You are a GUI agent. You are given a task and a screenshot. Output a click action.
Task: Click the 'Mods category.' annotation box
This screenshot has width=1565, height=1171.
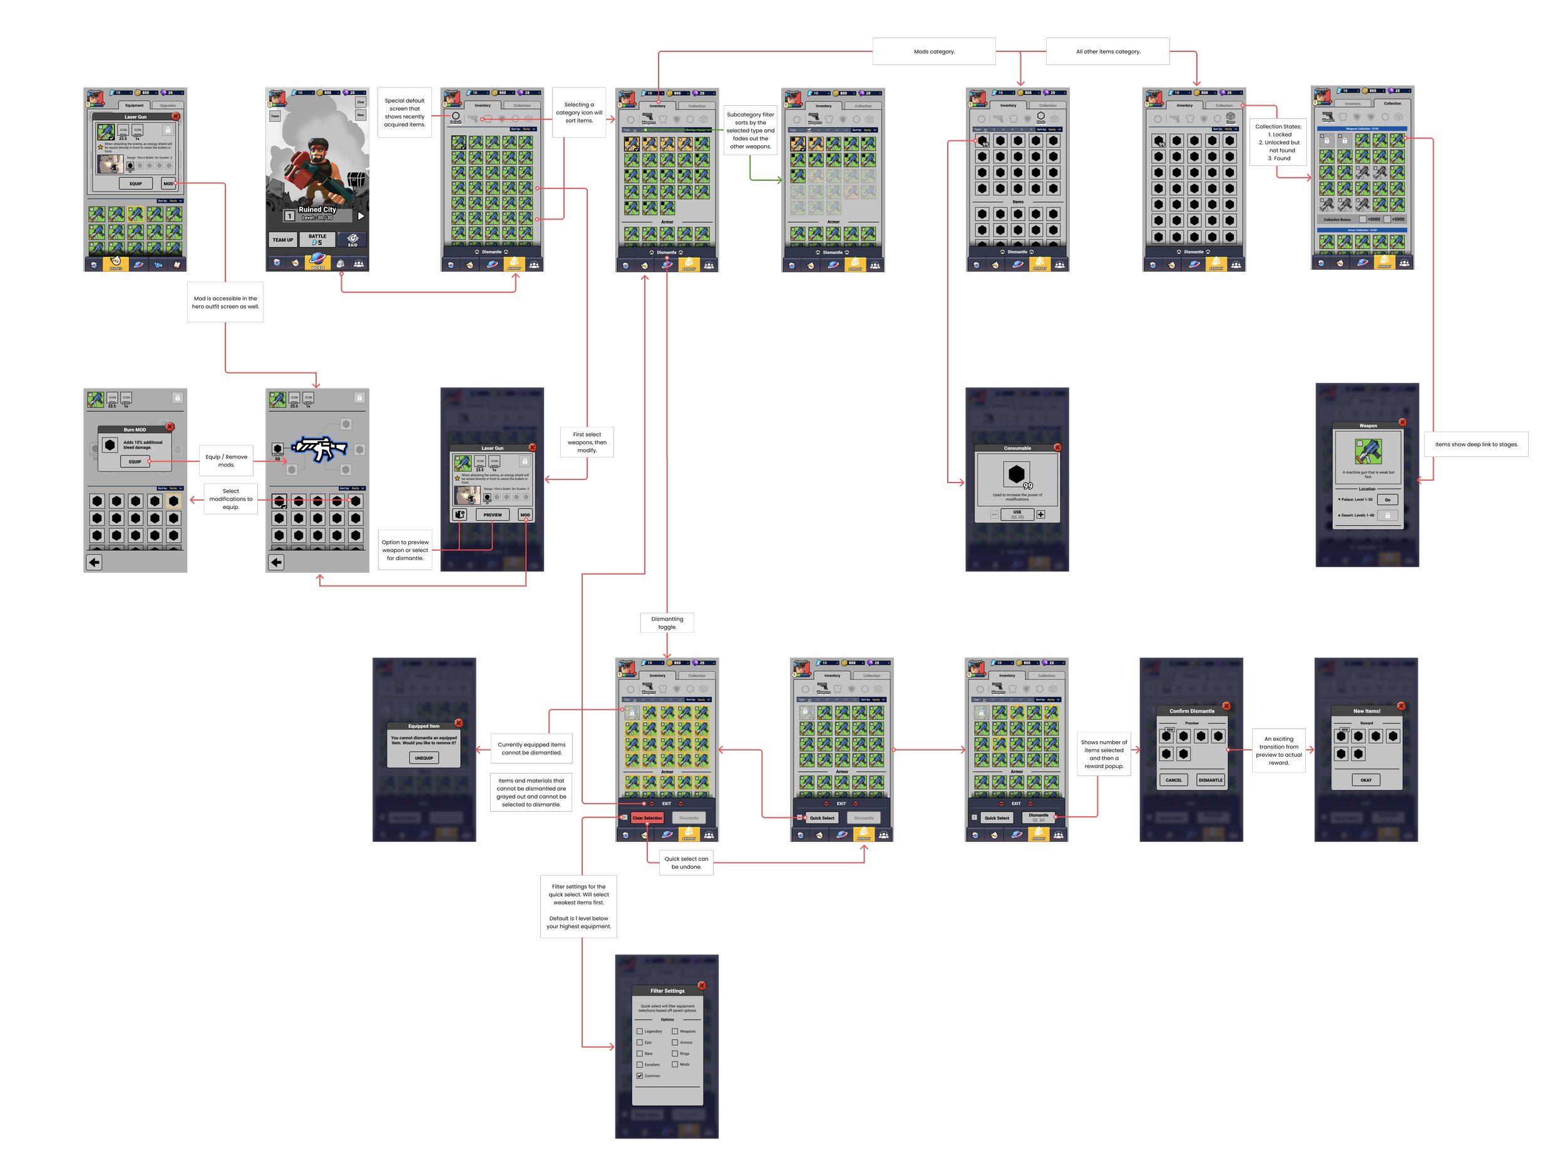934,52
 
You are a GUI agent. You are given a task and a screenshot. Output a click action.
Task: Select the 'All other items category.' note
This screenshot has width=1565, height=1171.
1108,52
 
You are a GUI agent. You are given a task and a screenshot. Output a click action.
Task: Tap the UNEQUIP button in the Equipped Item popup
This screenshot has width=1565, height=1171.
424,758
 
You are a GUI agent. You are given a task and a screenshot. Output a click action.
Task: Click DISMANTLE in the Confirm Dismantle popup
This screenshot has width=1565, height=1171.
1210,780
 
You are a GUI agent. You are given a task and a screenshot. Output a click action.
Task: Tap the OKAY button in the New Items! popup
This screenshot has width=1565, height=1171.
1365,780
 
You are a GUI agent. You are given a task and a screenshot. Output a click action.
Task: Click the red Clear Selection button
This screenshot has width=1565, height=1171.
647,818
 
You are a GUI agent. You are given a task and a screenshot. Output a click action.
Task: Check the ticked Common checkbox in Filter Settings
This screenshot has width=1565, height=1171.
640,1075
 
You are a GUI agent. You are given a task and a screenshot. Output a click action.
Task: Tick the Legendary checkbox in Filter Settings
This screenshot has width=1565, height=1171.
640,1031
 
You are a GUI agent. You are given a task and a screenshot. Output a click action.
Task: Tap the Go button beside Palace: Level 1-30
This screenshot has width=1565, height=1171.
1387,499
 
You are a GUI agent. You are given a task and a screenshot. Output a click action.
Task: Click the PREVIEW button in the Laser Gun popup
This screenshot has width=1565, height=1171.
493,515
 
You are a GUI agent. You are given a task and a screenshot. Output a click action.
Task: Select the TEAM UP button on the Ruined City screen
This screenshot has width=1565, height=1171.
283,240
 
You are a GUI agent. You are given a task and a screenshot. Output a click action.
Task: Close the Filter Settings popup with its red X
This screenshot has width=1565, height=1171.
701,986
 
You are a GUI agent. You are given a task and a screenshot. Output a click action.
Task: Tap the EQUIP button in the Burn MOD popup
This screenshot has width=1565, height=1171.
135,461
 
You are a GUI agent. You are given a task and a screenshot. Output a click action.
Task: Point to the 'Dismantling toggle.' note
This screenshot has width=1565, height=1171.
667,623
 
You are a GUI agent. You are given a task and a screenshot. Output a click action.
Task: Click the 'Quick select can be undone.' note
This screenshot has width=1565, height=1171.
686,862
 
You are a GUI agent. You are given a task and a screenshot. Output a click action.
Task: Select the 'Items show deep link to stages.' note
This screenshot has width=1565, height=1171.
1477,444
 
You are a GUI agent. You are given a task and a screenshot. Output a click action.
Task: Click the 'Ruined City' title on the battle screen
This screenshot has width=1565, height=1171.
317,210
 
